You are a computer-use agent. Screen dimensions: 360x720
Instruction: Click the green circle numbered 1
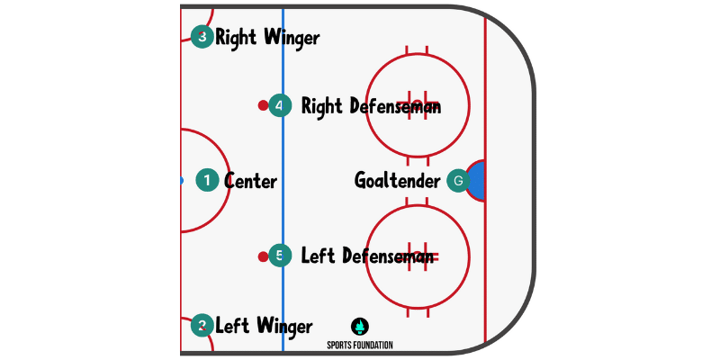point(207,181)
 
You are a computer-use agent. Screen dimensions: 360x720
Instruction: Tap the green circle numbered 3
point(202,37)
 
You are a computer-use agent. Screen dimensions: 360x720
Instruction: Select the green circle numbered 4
point(280,106)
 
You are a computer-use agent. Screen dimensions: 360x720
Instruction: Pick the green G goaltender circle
point(458,181)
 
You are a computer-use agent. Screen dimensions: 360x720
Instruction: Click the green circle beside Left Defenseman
point(280,256)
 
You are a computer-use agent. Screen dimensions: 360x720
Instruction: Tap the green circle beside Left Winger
point(202,326)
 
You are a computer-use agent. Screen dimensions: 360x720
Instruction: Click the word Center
point(250,181)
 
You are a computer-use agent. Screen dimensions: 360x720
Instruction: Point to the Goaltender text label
point(397,181)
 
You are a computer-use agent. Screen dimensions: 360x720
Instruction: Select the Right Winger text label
point(267,38)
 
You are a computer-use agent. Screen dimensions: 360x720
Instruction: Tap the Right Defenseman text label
point(371,106)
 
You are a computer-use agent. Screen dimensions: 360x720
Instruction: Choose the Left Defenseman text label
point(368,256)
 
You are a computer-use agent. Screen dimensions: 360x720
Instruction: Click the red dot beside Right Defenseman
point(263,106)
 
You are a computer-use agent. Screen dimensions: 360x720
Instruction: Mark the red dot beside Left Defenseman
point(263,256)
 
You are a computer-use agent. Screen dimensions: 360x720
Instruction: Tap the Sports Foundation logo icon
point(359,326)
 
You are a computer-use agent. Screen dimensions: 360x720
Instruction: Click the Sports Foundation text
point(359,345)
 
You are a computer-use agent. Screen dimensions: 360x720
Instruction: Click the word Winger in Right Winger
point(291,38)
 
